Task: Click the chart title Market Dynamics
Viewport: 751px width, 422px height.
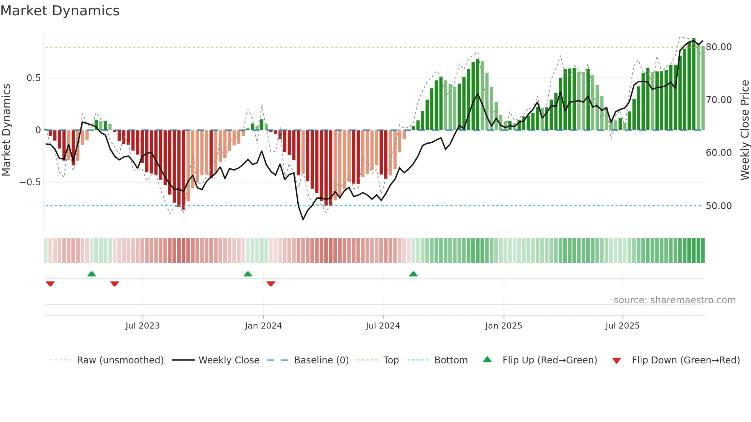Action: point(60,11)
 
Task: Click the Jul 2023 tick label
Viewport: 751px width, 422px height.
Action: point(142,326)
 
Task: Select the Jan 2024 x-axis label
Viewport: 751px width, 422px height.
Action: point(263,326)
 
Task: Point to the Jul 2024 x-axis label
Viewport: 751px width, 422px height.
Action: point(383,326)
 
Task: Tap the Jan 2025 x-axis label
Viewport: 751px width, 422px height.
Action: point(503,326)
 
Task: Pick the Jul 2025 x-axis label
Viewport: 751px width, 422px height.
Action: point(622,326)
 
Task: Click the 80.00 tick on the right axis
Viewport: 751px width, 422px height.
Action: point(718,47)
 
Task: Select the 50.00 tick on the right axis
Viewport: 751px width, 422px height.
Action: point(718,206)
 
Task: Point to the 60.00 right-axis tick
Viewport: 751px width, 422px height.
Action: point(718,153)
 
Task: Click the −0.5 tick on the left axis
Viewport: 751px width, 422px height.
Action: point(30,182)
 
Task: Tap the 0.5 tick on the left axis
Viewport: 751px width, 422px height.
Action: point(33,78)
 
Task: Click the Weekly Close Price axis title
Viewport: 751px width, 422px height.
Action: point(744,130)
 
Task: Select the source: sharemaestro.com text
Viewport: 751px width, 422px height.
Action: point(674,300)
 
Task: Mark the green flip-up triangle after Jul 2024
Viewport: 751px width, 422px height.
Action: point(413,274)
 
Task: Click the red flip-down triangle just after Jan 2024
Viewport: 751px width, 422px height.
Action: point(271,284)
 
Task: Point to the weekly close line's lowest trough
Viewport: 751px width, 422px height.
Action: point(303,219)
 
